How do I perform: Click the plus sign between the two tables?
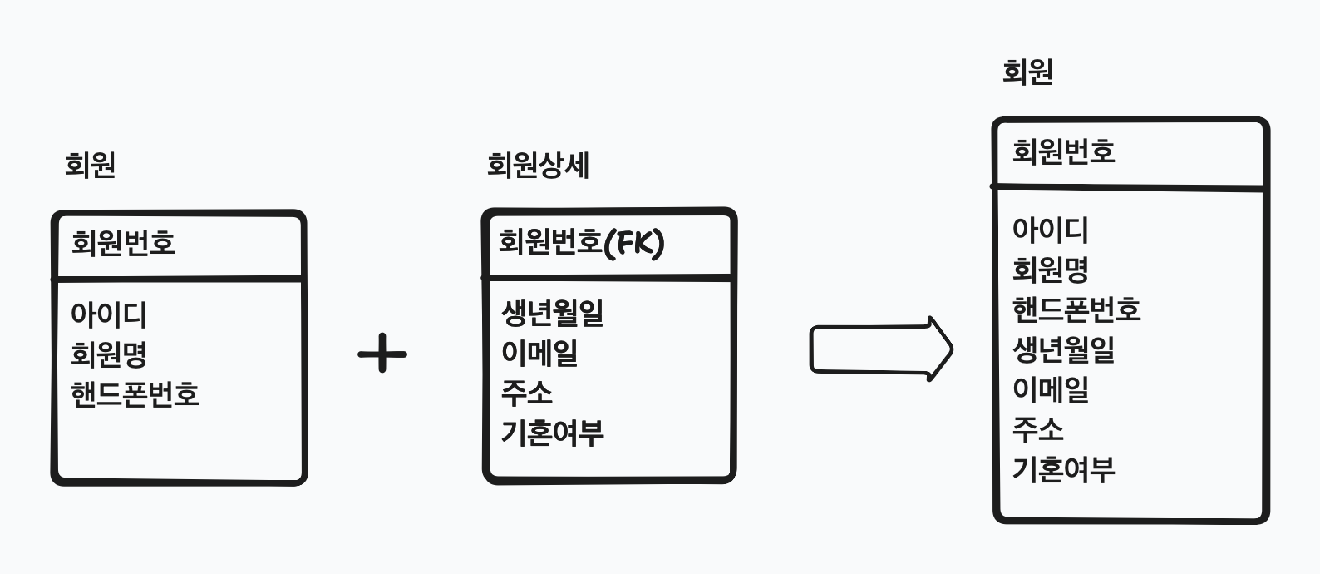tap(382, 354)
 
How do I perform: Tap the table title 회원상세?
tap(538, 165)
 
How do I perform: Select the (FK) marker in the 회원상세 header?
tap(634, 243)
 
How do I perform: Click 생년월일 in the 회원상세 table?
tap(552, 313)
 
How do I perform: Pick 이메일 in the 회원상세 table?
tap(539, 353)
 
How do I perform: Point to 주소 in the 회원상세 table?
tap(526, 393)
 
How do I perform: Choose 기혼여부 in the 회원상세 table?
tap(552, 433)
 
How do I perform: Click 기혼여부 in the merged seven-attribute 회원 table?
tap(1063, 469)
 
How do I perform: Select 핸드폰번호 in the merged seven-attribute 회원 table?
tap(1076, 309)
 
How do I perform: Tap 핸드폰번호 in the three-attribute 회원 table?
tap(135, 393)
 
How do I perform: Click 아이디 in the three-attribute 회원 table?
tap(109, 314)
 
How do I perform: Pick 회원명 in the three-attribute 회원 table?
tap(109, 354)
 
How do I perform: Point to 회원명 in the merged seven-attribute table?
tap(1050, 270)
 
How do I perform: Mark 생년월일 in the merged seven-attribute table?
tap(1063, 349)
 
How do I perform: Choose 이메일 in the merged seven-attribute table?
tap(1050, 389)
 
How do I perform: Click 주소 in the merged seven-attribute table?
tap(1037, 429)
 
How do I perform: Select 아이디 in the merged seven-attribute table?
tap(1050, 230)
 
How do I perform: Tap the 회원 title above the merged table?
tap(1027, 72)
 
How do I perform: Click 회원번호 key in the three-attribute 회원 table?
tap(123, 243)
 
